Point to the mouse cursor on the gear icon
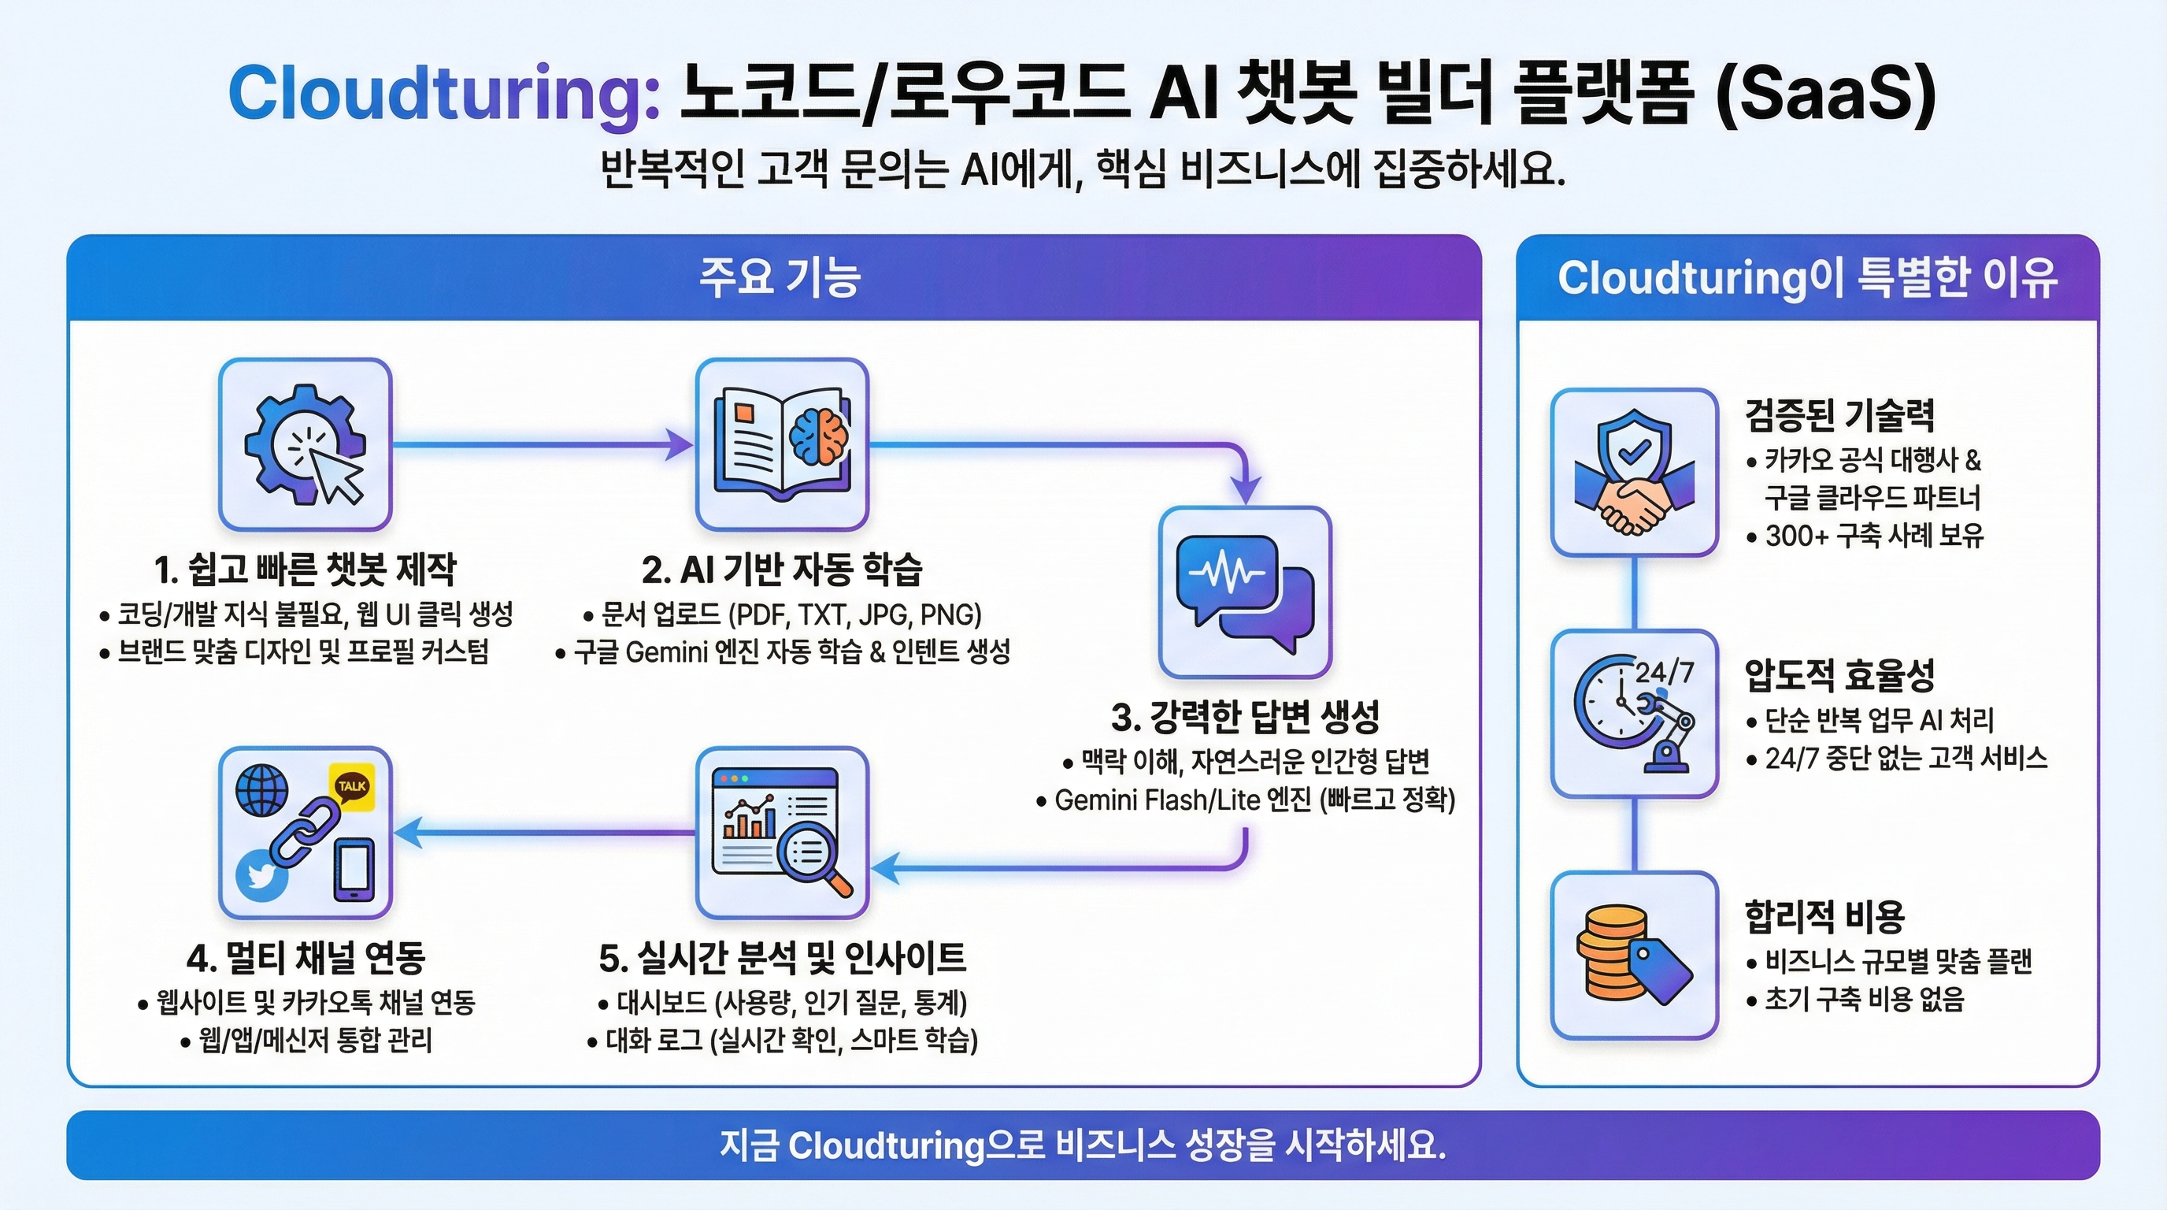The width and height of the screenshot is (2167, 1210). pyautogui.click(x=334, y=473)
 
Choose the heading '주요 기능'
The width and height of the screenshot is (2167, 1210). pyautogui.click(x=779, y=277)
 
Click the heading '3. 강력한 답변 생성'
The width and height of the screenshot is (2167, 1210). pyautogui.click(x=1245, y=717)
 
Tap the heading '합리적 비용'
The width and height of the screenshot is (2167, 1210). pyautogui.click(x=1824, y=915)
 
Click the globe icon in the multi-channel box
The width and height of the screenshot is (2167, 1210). pyautogui.click(x=261, y=789)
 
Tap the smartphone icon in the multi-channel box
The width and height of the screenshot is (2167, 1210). pyautogui.click(x=354, y=869)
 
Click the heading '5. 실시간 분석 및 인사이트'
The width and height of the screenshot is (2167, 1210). pyautogui.click(x=783, y=958)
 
